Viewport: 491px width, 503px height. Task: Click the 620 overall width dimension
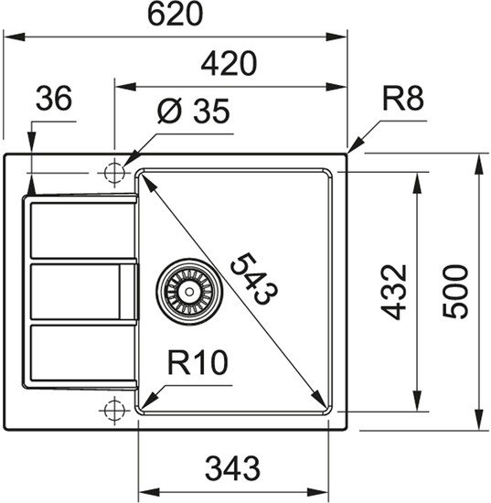pos(175,15)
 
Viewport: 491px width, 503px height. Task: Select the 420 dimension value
pos(229,63)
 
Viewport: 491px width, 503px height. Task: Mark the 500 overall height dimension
pos(456,291)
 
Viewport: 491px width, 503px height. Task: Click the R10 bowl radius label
pos(197,366)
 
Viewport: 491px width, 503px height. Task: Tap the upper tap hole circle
pos(114,172)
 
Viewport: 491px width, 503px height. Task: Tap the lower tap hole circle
pos(114,408)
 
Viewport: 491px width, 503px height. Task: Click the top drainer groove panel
pos(82,230)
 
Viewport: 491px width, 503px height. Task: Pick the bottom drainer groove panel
pos(82,354)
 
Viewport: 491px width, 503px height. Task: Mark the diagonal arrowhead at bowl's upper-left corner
pos(142,177)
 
